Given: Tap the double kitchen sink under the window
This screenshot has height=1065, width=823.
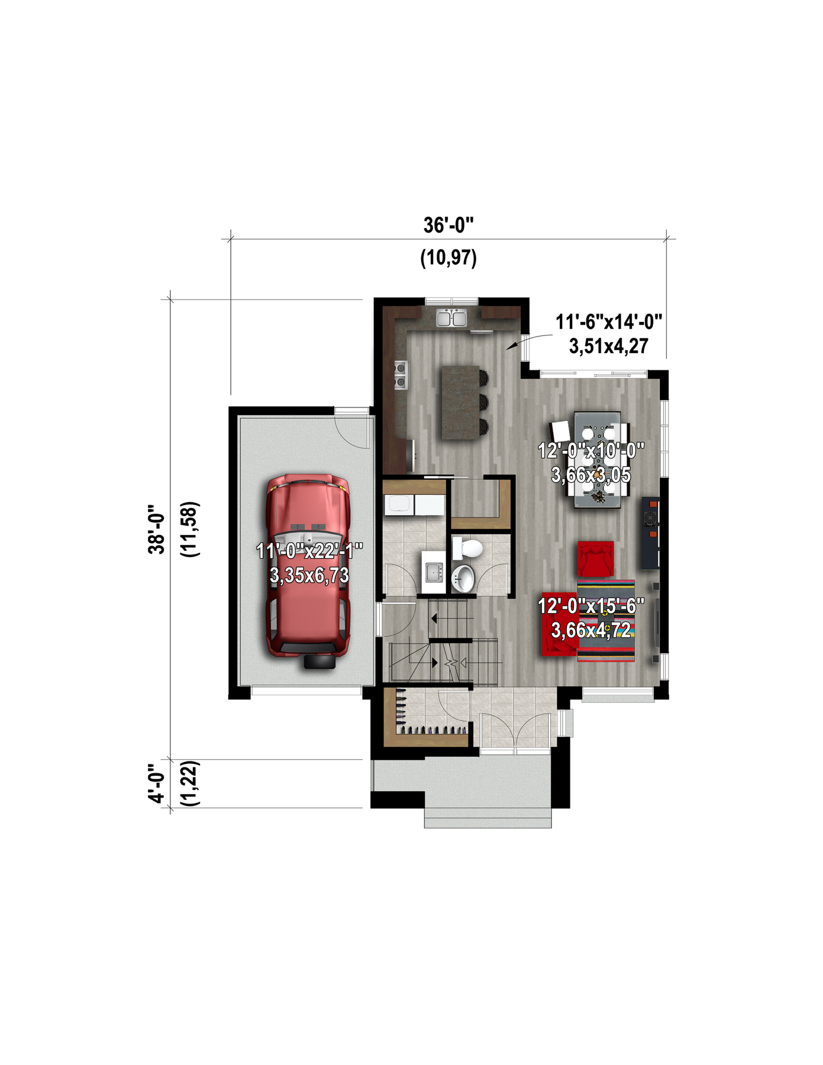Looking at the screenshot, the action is point(451,318).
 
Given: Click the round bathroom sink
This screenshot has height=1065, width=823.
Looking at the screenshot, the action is point(463,578).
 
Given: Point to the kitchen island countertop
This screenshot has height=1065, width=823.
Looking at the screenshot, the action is point(460,402).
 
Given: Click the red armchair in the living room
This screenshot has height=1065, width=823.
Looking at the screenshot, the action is point(596,559).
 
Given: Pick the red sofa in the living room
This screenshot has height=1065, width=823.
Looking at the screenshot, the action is point(559,624).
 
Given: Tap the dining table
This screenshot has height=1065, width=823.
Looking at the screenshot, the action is point(598,460).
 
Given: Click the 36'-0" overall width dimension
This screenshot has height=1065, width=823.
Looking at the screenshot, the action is point(448,225).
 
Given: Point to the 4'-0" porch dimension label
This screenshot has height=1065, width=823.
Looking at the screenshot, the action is point(156,783).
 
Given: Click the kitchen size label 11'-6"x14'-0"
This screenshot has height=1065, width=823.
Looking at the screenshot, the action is point(608,322).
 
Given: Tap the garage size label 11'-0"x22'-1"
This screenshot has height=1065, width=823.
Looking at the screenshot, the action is point(309,551).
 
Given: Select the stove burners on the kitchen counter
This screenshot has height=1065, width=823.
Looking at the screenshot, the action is point(401,375).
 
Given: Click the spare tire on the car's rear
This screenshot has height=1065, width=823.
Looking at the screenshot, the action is point(319,661).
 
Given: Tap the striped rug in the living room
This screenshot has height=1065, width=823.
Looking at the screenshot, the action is point(606,621).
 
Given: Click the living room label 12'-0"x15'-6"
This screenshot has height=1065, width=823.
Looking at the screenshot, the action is point(591,606).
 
